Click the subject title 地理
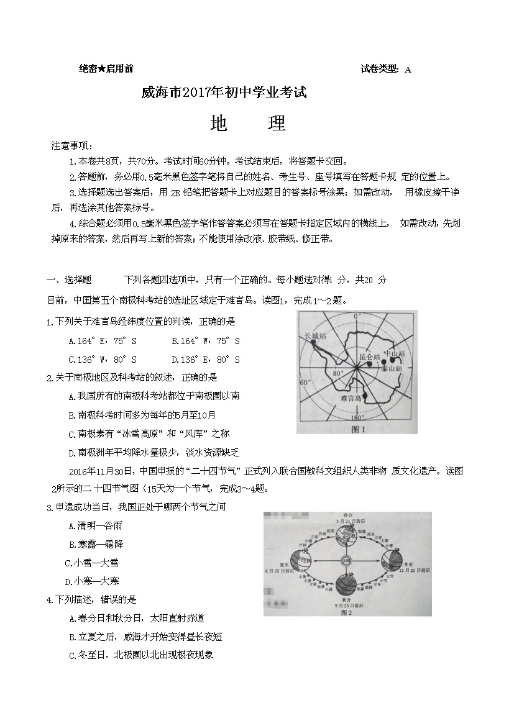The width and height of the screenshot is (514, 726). [248, 123]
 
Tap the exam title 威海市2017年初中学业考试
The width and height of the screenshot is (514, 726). [224, 93]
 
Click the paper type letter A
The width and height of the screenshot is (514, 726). [408, 70]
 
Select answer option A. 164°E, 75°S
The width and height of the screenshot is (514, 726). [103, 341]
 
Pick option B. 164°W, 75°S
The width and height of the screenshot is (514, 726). [205, 341]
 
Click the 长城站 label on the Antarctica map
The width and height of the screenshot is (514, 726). [314, 336]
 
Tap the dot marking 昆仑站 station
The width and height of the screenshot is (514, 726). [368, 366]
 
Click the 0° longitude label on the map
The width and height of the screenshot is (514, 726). [357, 317]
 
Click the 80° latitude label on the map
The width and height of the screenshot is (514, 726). [337, 374]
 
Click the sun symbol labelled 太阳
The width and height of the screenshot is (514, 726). [346, 561]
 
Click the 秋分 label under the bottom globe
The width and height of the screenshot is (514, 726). [346, 601]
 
